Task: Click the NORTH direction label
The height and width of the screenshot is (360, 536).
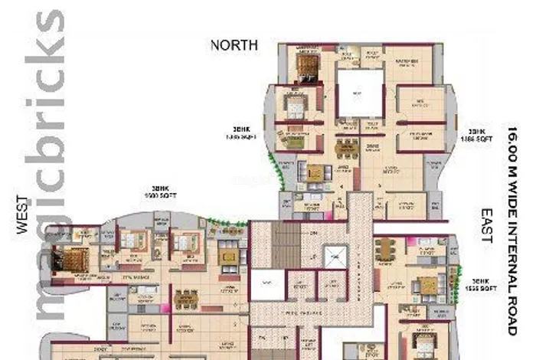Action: click(234, 45)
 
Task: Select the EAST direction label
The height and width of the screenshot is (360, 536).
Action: click(485, 225)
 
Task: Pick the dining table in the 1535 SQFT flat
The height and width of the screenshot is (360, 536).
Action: click(384, 248)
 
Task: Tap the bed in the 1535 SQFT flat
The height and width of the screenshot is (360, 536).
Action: click(422, 341)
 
